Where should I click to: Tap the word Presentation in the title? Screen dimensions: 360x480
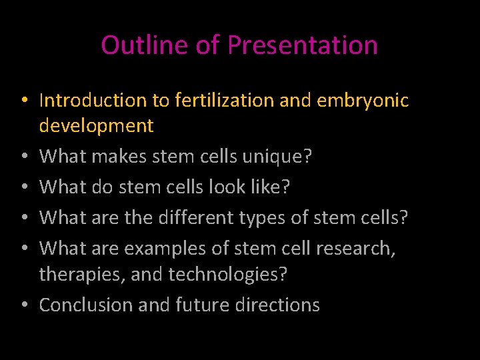tap(303, 45)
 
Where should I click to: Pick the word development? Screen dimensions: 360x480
tap(97, 125)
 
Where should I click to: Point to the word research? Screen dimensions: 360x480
tap(355, 248)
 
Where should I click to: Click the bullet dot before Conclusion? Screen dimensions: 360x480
tap(23, 305)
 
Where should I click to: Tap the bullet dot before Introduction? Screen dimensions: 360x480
tap(23, 101)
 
